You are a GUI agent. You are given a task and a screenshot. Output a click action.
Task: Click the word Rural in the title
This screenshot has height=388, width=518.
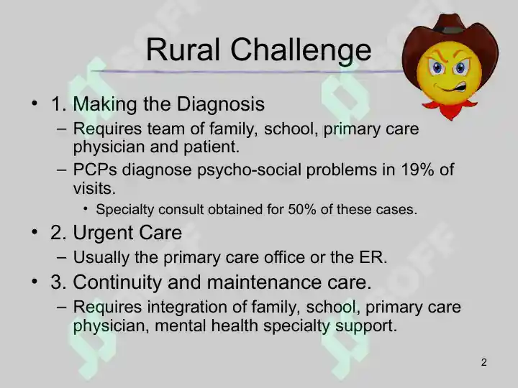[183, 50]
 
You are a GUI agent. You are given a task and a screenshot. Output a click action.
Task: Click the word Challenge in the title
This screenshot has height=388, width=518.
[301, 50]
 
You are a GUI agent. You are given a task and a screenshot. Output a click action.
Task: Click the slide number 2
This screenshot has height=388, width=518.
[484, 362]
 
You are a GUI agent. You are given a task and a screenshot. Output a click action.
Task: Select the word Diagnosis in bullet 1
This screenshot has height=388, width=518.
[221, 104]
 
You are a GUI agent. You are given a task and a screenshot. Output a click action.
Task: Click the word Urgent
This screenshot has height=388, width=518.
[103, 234]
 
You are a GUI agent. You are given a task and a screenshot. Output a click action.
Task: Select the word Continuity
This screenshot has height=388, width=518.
[117, 283]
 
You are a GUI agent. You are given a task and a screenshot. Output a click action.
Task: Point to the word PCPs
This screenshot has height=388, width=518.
[95, 170]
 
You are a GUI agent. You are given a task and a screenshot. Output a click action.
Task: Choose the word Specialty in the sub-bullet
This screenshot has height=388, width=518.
[125, 210]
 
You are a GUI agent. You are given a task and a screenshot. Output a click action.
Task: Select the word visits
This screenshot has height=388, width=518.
[94, 189]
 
